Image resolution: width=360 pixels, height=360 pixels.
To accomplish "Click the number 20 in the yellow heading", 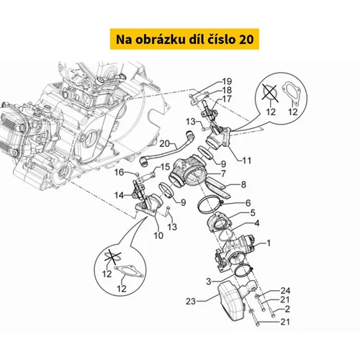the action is coord(246,39).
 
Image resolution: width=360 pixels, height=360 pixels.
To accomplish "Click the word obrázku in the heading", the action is coord(161,39).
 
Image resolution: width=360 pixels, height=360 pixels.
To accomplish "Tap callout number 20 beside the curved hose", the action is coord(165,144).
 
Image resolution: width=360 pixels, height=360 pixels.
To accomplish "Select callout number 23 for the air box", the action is coord(191,301).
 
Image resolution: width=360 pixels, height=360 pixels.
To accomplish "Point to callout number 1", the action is coord(269,243).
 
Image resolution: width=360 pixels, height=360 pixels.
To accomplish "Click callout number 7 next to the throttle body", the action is coord(223,174).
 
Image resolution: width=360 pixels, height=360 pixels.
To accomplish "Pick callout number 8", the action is coord(243,184).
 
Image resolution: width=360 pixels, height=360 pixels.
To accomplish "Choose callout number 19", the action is coord(227,81).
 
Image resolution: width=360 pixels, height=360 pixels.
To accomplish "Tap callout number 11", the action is coord(247,161).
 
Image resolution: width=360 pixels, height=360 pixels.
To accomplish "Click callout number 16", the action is coord(119,172).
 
